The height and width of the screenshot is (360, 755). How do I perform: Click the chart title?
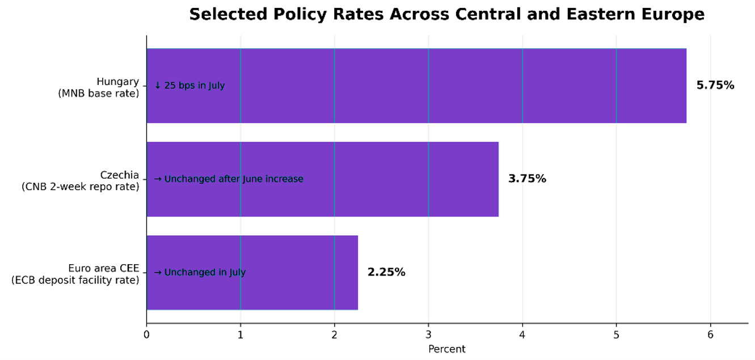pyautogui.click(x=446, y=14)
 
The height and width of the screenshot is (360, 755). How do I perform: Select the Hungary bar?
pyautogui.click(x=416, y=86)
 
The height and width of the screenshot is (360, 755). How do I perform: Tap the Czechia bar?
pyautogui.click(x=323, y=179)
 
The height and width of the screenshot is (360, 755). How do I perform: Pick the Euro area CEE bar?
pyautogui.click(x=252, y=273)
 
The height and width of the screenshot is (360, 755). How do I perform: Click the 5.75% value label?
pyautogui.click(x=715, y=85)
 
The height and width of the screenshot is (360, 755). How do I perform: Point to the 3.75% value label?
pyautogui.click(x=527, y=179)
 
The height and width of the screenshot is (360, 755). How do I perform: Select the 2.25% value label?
pyautogui.click(x=386, y=272)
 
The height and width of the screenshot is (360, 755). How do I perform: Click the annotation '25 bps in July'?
pyautogui.click(x=195, y=86)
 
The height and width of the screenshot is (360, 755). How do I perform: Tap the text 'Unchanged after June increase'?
pyautogui.click(x=234, y=179)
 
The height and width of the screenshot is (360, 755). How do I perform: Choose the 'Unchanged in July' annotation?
pyautogui.click(x=205, y=272)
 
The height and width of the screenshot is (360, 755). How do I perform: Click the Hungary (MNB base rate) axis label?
pyautogui.click(x=99, y=87)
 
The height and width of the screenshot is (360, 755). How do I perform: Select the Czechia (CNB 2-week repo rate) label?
pyautogui.click(x=80, y=181)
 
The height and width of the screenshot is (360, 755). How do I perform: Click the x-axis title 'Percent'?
pyautogui.click(x=446, y=349)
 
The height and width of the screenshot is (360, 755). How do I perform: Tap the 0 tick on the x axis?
pyautogui.click(x=146, y=335)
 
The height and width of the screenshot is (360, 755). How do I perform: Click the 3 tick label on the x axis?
pyautogui.click(x=428, y=335)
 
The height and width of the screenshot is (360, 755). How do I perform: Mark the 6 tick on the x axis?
pyautogui.click(x=711, y=335)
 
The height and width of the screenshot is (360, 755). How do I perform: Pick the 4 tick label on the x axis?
pyautogui.click(x=522, y=335)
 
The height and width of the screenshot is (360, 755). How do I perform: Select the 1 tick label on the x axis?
pyautogui.click(x=241, y=335)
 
